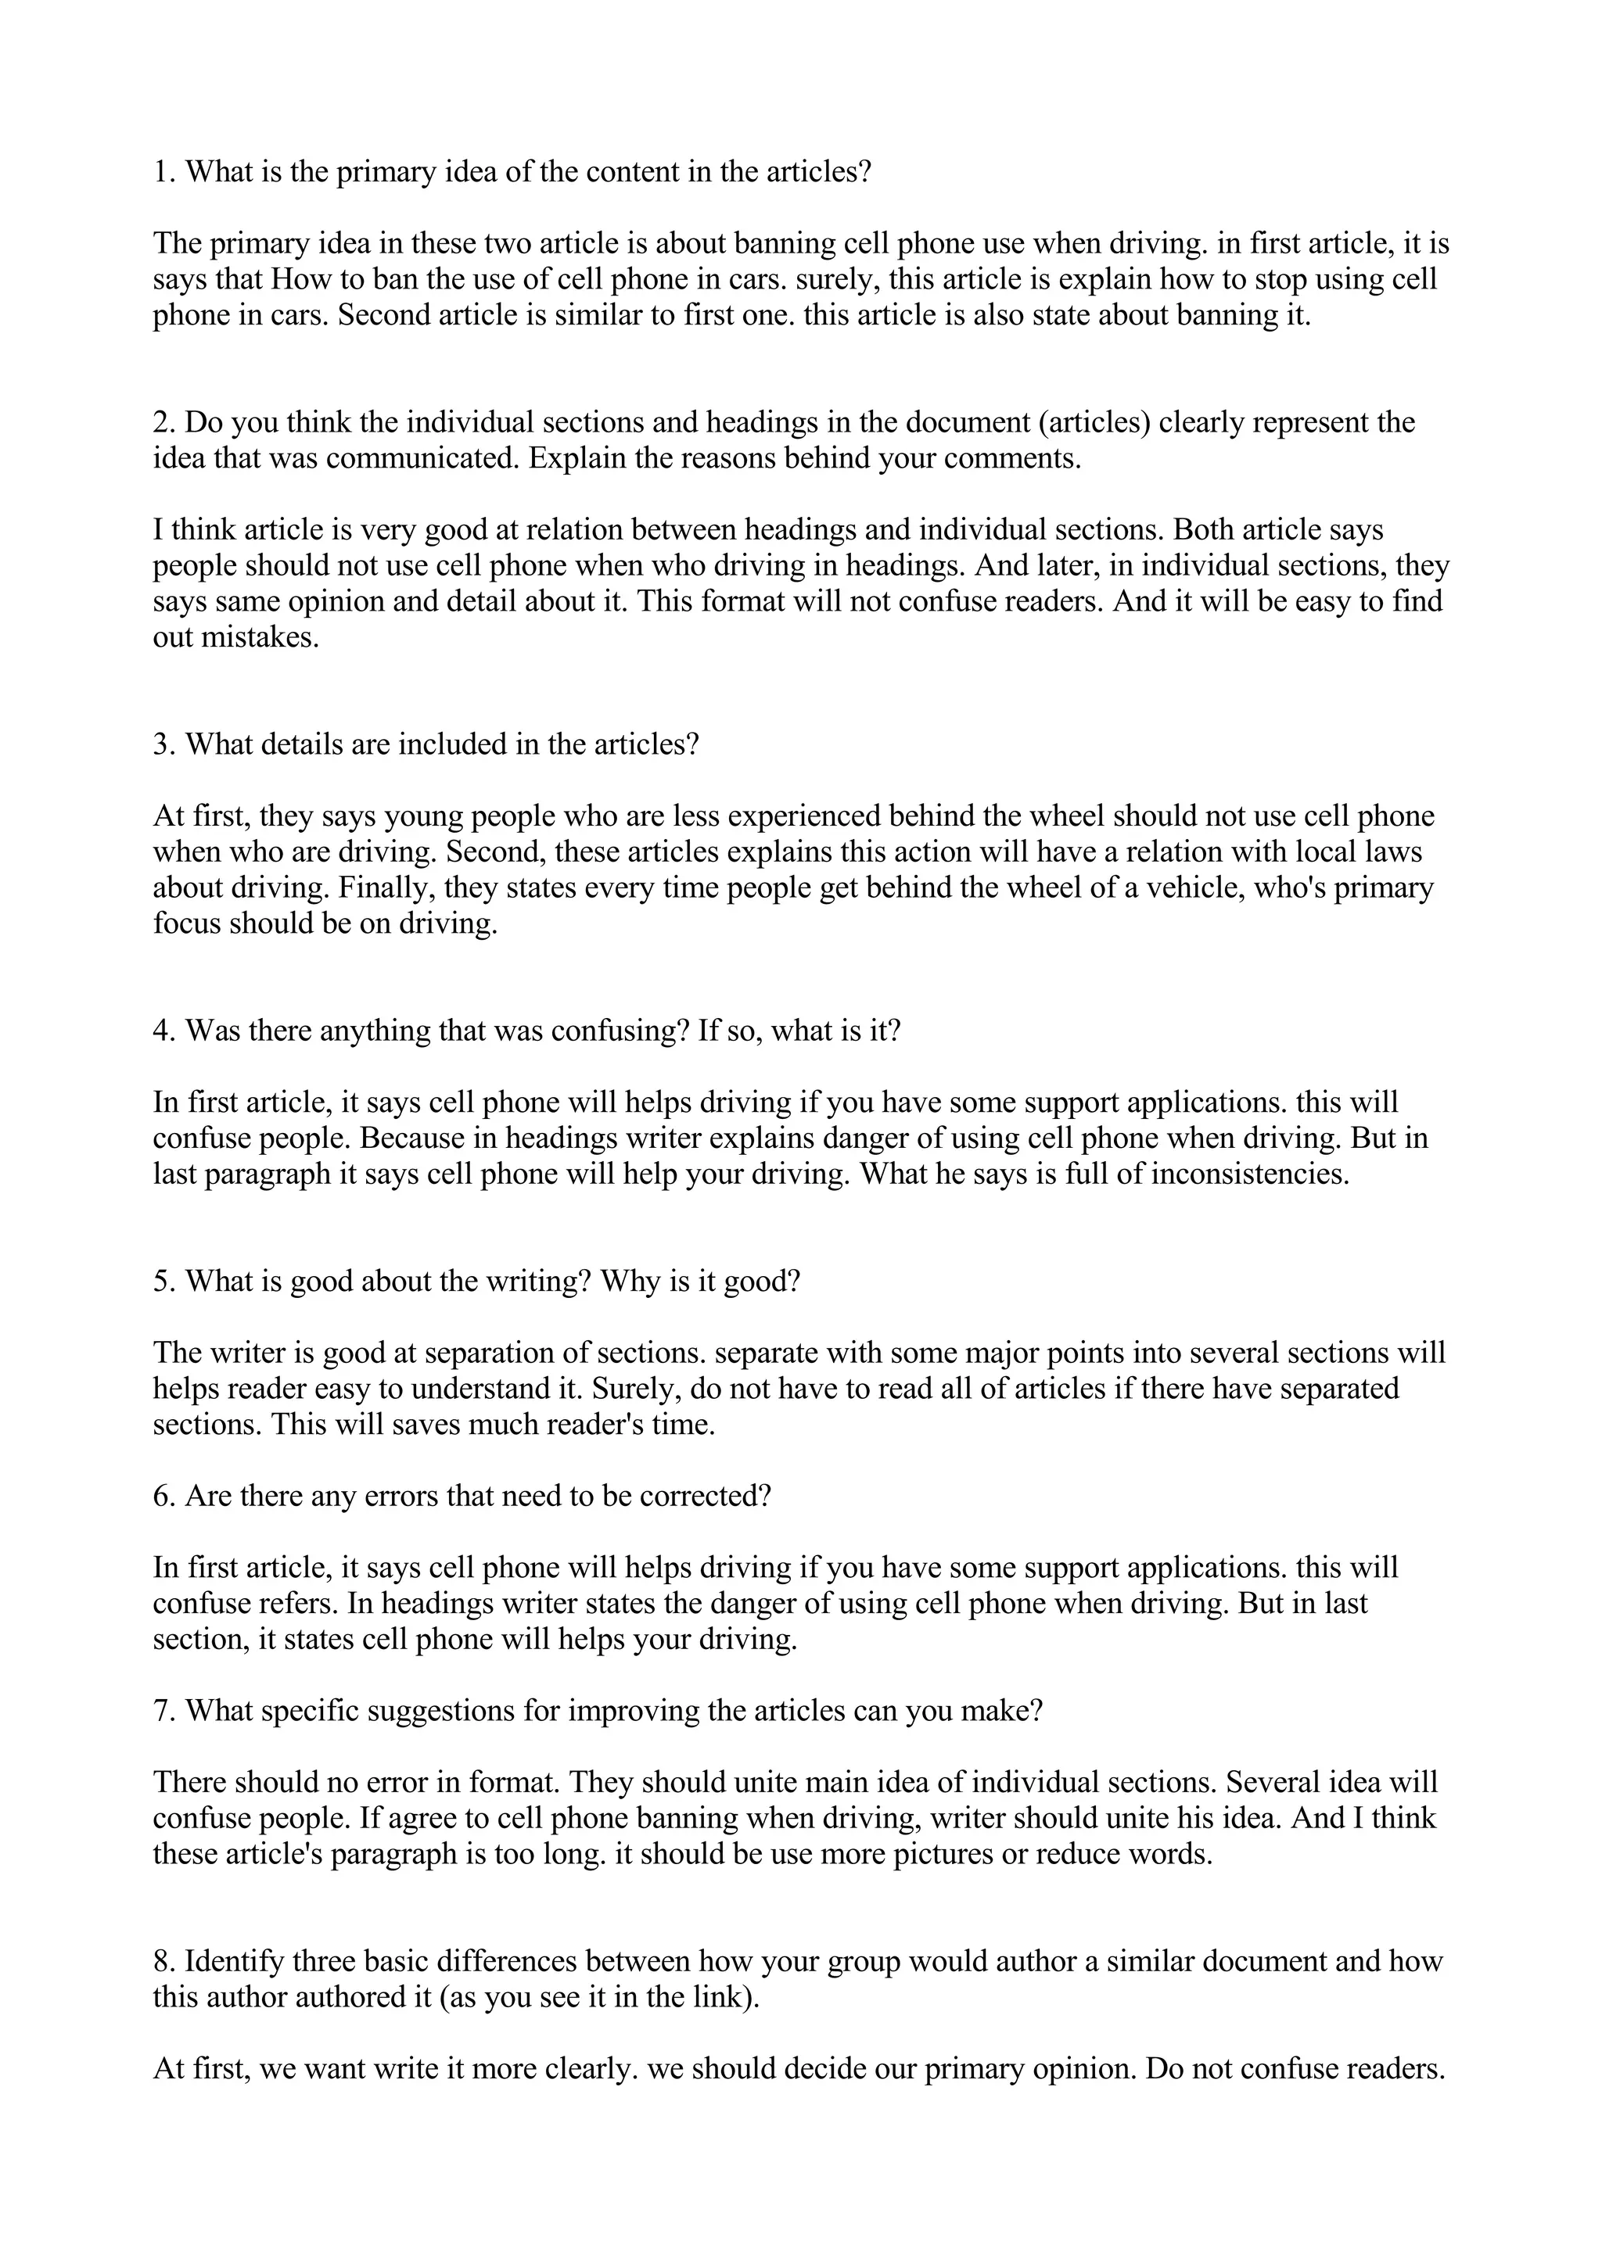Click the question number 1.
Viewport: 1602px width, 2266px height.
coord(163,173)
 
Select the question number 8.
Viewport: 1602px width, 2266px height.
coord(163,1961)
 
